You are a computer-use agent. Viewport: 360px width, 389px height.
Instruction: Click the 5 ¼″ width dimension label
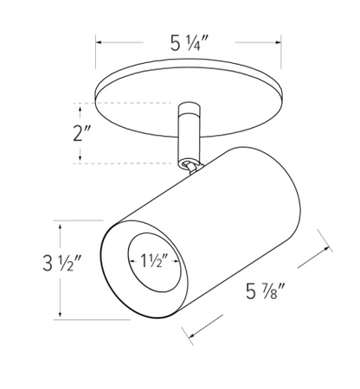point(190,44)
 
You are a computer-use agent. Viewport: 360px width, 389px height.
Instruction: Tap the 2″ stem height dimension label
point(82,133)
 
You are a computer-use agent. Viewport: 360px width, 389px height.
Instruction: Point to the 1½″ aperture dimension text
point(154,261)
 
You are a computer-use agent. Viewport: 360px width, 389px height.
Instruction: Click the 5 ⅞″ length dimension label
point(266,291)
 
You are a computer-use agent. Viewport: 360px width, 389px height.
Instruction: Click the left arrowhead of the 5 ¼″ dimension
point(99,42)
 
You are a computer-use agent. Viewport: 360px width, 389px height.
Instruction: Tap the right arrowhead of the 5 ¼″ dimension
point(279,42)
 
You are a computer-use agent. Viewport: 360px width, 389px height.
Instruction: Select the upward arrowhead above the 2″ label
point(80,109)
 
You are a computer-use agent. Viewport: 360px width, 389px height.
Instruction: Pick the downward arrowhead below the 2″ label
point(80,157)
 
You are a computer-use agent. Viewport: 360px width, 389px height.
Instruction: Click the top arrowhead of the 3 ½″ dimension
point(60,226)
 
